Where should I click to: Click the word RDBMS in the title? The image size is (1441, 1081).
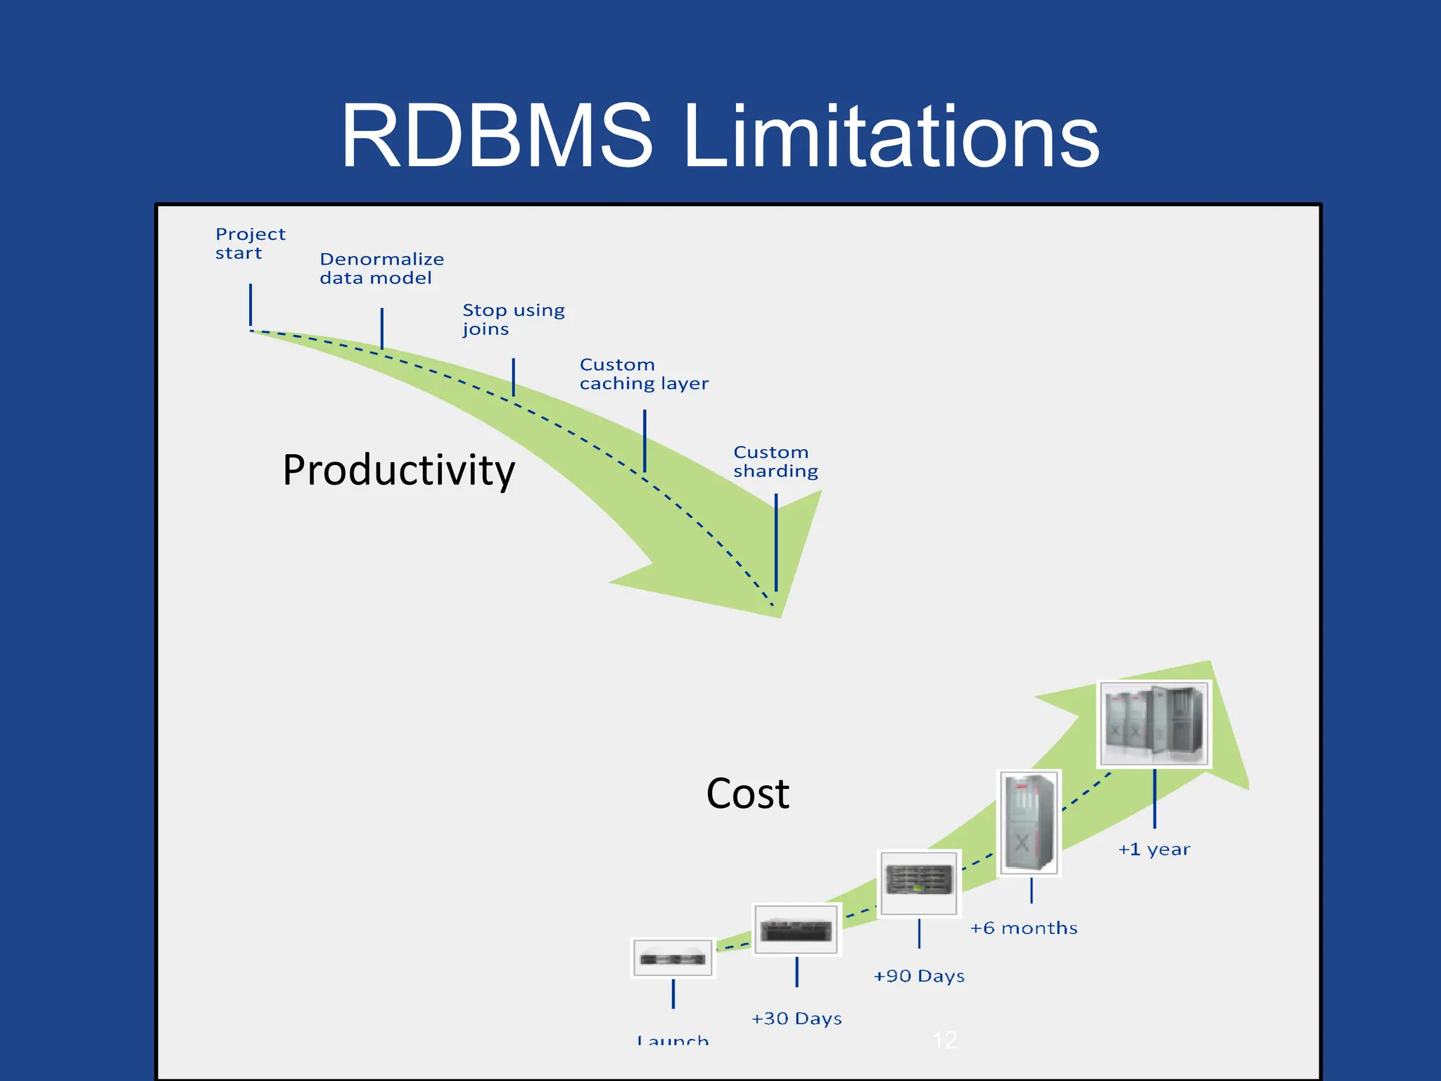(497, 136)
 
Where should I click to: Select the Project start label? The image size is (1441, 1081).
(250, 244)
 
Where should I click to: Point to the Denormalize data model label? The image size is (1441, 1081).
(381, 269)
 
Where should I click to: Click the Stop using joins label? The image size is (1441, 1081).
(514, 320)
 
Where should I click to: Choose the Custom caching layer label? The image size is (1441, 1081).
(644, 374)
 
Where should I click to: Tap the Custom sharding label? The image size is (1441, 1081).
(775, 462)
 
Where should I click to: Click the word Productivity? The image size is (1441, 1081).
(398, 470)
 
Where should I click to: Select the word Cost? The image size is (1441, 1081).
(747, 794)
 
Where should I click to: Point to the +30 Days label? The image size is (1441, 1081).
(796, 1018)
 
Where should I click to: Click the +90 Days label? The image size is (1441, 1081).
(919, 976)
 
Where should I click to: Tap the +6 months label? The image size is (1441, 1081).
(1024, 928)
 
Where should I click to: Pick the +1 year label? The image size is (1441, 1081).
(1154, 849)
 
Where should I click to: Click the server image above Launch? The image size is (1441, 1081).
(673, 958)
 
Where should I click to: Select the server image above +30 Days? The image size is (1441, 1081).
(796, 930)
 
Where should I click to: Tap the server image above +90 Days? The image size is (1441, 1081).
(919, 883)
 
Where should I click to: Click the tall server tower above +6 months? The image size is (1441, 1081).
(1029, 823)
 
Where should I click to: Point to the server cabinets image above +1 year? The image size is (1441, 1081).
(1154, 723)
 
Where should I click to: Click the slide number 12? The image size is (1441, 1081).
(945, 1039)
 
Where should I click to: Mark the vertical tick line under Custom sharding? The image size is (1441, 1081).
(776, 542)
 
